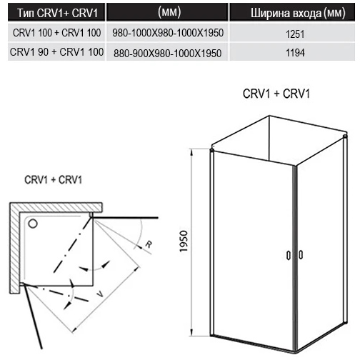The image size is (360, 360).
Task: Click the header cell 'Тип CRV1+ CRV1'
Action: pyautogui.click(x=58, y=13)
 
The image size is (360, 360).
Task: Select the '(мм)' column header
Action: pyautogui.click(x=169, y=12)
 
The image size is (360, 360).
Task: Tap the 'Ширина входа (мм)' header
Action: pyautogui.click(x=298, y=13)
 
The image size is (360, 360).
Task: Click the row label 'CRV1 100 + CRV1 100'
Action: pyautogui.click(x=56, y=33)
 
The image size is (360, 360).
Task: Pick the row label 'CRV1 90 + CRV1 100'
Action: pyautogui.click(x=56, y=52)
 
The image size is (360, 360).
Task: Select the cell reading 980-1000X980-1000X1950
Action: pyautogui.click(x=168, y=33)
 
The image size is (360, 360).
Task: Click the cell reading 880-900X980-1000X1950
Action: pyautogui.click(x=167, y=53)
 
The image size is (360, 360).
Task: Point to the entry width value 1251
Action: pyautogui.click(x=295, y=34)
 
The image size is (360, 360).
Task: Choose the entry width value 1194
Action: pyautogui.click(x=295, y=53)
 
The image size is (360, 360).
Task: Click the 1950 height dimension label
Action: pyautogui.click(x=184, y=241)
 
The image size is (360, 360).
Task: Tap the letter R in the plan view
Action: pyautogui.click(x=149, y=244)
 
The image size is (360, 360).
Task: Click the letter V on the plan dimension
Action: pyautogui.click(x=101, y=294)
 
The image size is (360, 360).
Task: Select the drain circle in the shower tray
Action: pyautogui.click(x=33, y=224)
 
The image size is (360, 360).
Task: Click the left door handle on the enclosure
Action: pyautogui.click(x=289, y=255)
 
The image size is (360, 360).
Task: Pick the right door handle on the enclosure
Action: pyautogui.click(x=301, y=254)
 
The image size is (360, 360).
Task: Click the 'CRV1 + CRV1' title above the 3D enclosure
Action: pyautogui.click(x=276, y=94)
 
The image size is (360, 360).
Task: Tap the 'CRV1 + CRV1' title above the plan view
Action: pyautogui.click(x=53, y=180)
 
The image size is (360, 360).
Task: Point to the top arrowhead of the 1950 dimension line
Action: pyautogui.click(x=192, y=151)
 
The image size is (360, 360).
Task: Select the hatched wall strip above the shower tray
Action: pyautogui.click(x=56, y=207)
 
